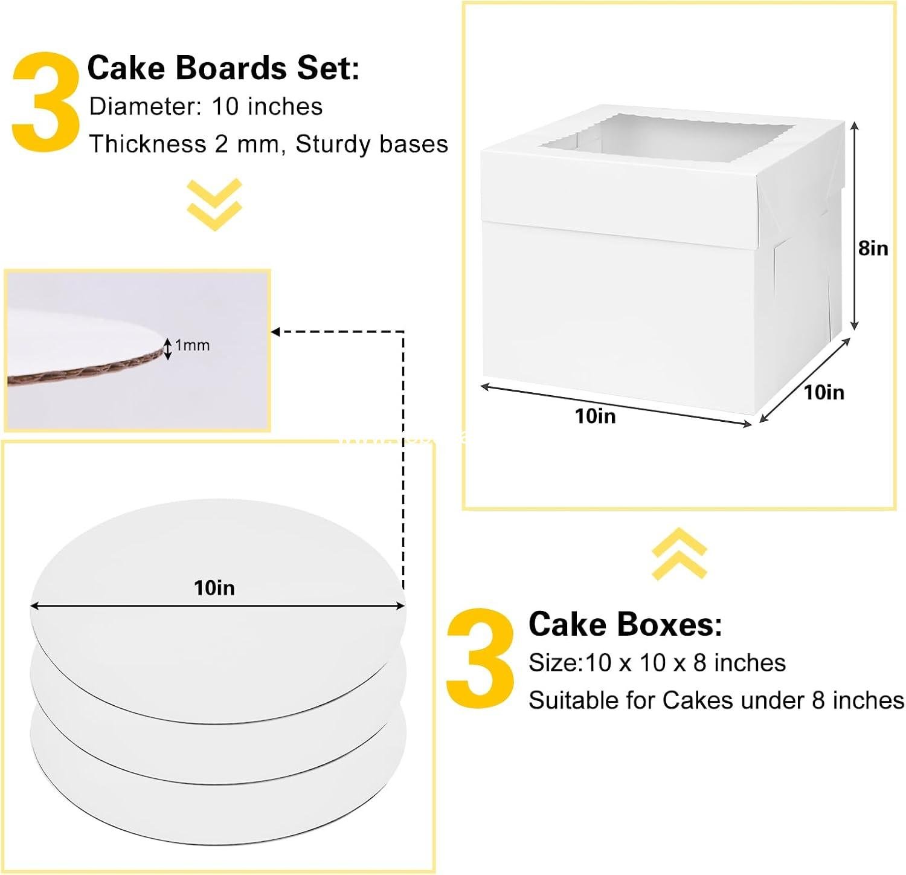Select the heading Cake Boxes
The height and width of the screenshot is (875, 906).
point(625,624)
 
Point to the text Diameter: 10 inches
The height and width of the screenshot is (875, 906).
point(205,107)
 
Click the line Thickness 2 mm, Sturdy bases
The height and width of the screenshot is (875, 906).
point(268,144)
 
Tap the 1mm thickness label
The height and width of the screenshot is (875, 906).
point(192,346)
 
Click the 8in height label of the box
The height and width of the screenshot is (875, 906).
point(873,248)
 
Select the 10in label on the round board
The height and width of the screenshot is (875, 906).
point(214,588)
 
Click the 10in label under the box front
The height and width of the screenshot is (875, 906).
point(595,416)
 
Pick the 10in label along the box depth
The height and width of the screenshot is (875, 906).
point(824,392)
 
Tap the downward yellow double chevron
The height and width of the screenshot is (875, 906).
point(214,204)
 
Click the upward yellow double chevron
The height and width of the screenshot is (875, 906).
point(679,554)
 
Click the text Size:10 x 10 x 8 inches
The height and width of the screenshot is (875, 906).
point(657,663)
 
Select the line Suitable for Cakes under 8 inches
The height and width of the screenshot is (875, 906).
point(716,700)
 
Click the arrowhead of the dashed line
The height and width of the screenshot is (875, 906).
point(275,332)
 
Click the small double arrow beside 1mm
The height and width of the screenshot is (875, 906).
point(168,349)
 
